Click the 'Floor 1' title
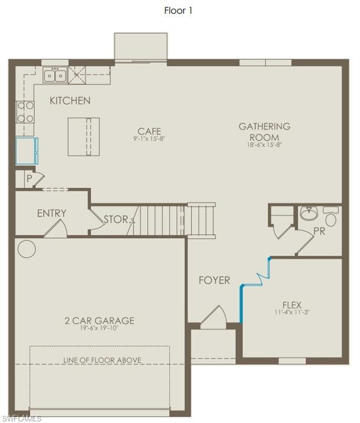(178, 10)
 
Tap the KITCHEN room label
(70, 101)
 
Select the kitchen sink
(55, 75)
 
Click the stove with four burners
(25, 112)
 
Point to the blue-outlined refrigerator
(26, 151)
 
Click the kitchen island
(84, 137)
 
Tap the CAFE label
(149, 131)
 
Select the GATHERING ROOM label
(264, 132)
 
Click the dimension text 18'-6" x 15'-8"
(264, 145)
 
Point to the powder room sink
(309, 214)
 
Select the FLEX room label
(292, 305)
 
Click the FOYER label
(214, 280)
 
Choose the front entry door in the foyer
(213, 319)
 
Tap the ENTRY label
(52, 213)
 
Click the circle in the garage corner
(26, 249)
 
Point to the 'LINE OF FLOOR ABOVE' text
(102, 360)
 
